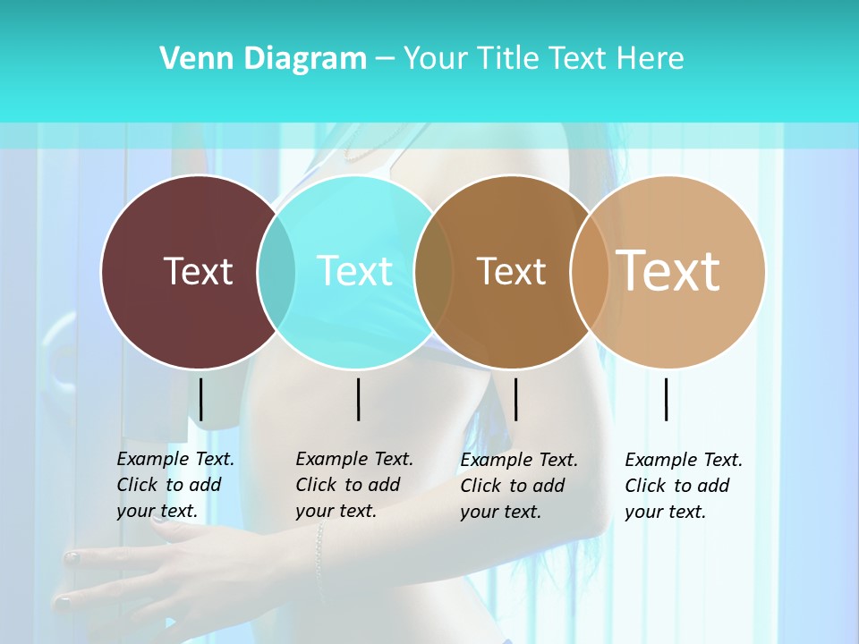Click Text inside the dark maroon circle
click(198, 271)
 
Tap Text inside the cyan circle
click(355, 271)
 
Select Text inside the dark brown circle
click(511, 271)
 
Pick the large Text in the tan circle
click(668, 271)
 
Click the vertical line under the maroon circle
click(201, 399)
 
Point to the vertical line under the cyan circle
click(358, 399)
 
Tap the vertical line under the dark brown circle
click(516, 399)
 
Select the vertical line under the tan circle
click(667, 399)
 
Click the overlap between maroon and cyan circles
click(276, 271)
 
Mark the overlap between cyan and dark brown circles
click(434, 271)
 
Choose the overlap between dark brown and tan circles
click(589, 271)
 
